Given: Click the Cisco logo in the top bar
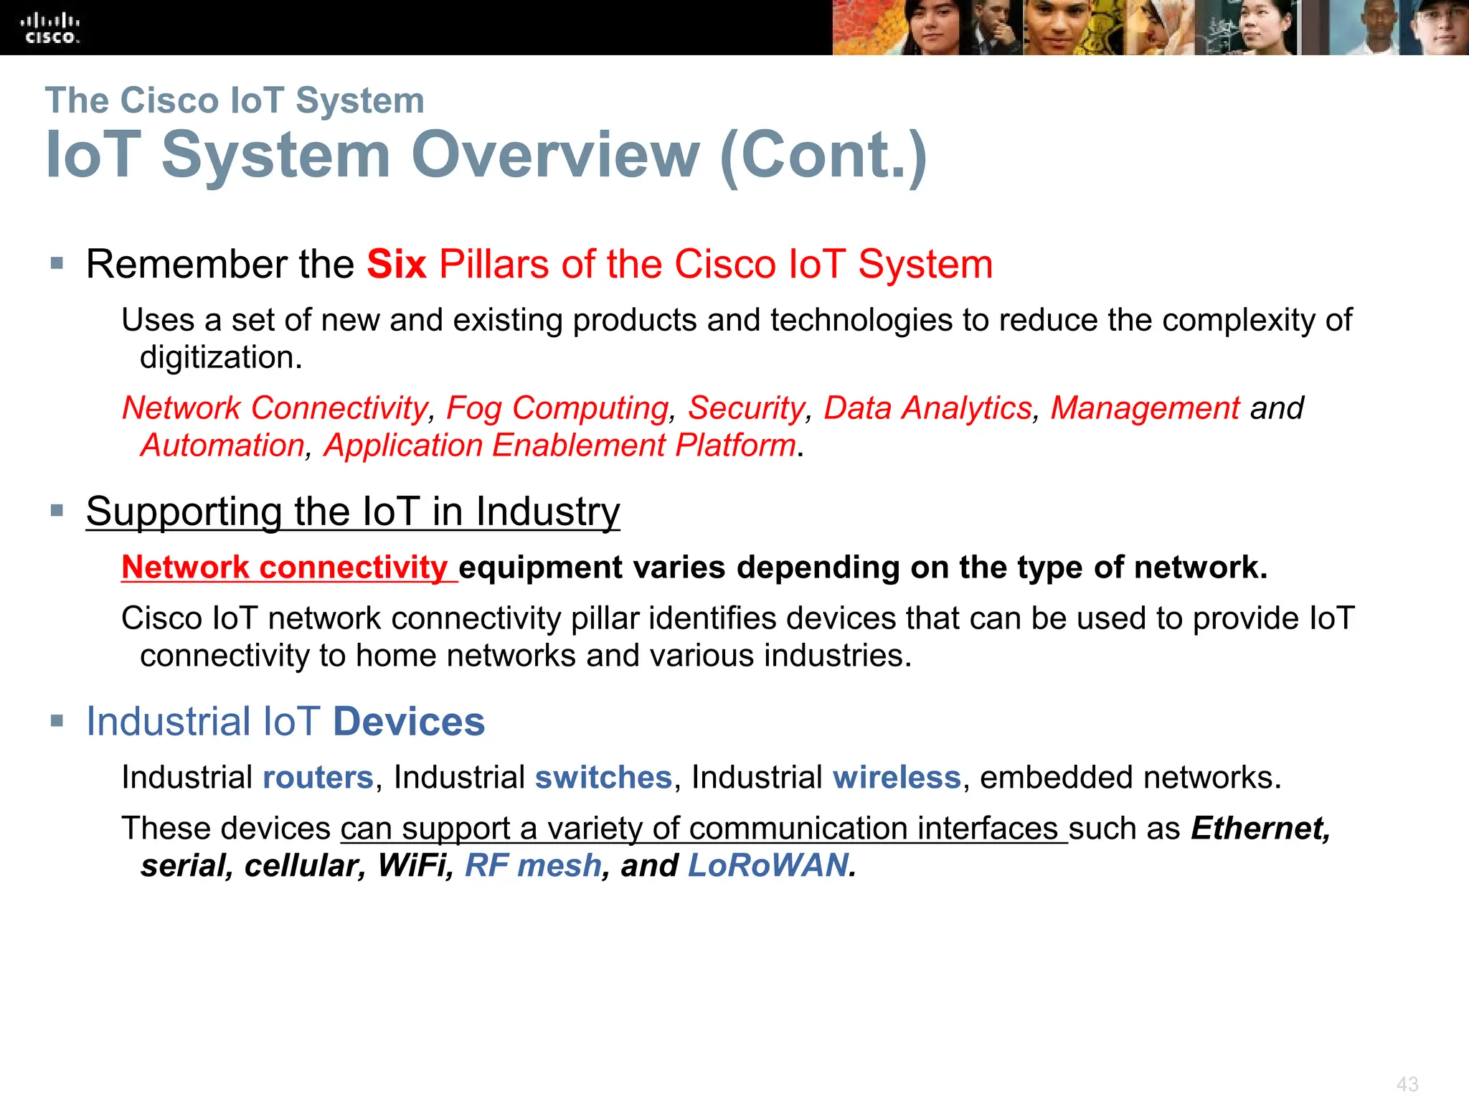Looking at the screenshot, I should pos(49,28).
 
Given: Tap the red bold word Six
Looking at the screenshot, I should pos(397,264).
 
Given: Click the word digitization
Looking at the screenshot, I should pos(221,357).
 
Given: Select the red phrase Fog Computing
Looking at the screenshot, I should pos(557,408).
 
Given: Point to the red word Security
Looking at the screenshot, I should pos(747,408).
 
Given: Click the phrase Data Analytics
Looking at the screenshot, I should pos(927,408).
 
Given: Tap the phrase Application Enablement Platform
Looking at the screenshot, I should pos(559,446).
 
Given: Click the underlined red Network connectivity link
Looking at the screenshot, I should pos(285,568).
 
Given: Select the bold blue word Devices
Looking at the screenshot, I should pos(409,722).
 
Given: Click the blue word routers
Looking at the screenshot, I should pos(318,778).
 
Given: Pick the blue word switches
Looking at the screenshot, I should pos(603,778).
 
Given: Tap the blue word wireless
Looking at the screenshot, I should pos(897,778).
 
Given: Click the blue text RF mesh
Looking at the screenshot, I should pos(533,866).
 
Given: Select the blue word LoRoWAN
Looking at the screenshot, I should pos(768,866).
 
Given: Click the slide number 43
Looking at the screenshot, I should pos(1407,1084).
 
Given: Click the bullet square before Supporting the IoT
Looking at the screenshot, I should pos(57,511).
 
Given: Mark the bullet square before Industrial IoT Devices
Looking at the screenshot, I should pos(57,720).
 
